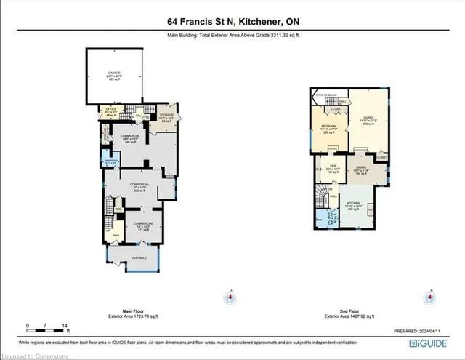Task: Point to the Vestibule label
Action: pyautogui.click(x=138, y=257)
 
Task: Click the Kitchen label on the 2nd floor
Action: pyautogui.click(x=353, y=206)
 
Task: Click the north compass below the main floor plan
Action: pyautogui.click(x=231, y=297)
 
